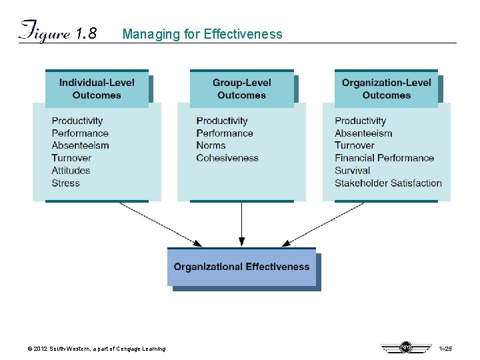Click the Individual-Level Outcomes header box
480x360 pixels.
click(x=97, y=89)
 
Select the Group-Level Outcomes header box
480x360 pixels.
click(x=241, y=89)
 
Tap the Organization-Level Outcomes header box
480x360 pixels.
click(x=386, y=89)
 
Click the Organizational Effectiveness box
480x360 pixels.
click(x=241, y=267)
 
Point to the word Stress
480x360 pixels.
click(x=65, y=183)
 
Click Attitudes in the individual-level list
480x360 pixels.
click(x=71, y=170)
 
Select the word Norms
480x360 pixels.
click(x=211, y=145)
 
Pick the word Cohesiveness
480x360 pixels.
click(x=227, y=158)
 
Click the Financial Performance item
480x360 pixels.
click(x=384, y=158)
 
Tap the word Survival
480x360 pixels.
click(x=352, y=170)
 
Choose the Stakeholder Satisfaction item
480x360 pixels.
click(x=388, y=183)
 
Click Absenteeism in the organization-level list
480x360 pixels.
click(x=363, y=133)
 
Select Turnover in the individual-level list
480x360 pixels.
click(x=71, y=158)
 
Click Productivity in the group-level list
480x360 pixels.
click(x=222, y=121)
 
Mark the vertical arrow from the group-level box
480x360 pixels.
click(x=241, y=223)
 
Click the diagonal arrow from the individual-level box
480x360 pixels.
click(x=160, y=224)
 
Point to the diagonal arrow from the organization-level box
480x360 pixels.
click(x=323, y=224)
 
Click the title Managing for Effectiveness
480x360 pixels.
click(x=202, y=34)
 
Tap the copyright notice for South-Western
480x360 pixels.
click(x=95, y=349)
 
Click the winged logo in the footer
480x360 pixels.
click(x=405, y=347)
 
